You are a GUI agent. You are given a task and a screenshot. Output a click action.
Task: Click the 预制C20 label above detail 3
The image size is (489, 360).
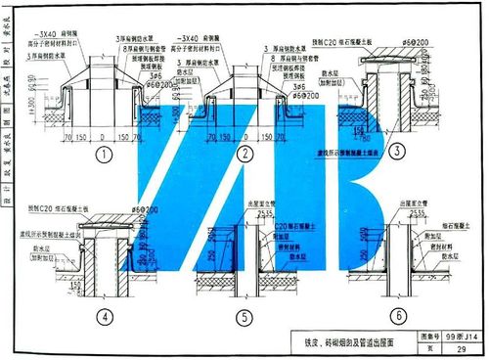tap(337, 42)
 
